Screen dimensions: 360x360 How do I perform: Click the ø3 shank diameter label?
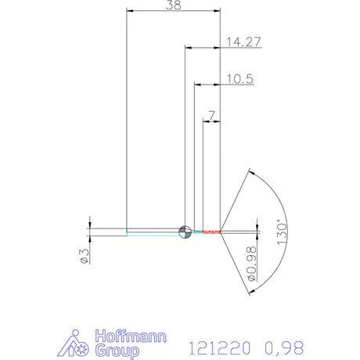(x=85, y=256)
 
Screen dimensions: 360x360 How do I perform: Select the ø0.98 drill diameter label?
(x=253, y=265)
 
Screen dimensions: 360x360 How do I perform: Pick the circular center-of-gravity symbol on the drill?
(x=185, y=231)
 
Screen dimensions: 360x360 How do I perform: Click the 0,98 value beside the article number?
(x=280, y=345)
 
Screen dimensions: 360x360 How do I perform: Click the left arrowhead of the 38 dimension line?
(x=130, y=11)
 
